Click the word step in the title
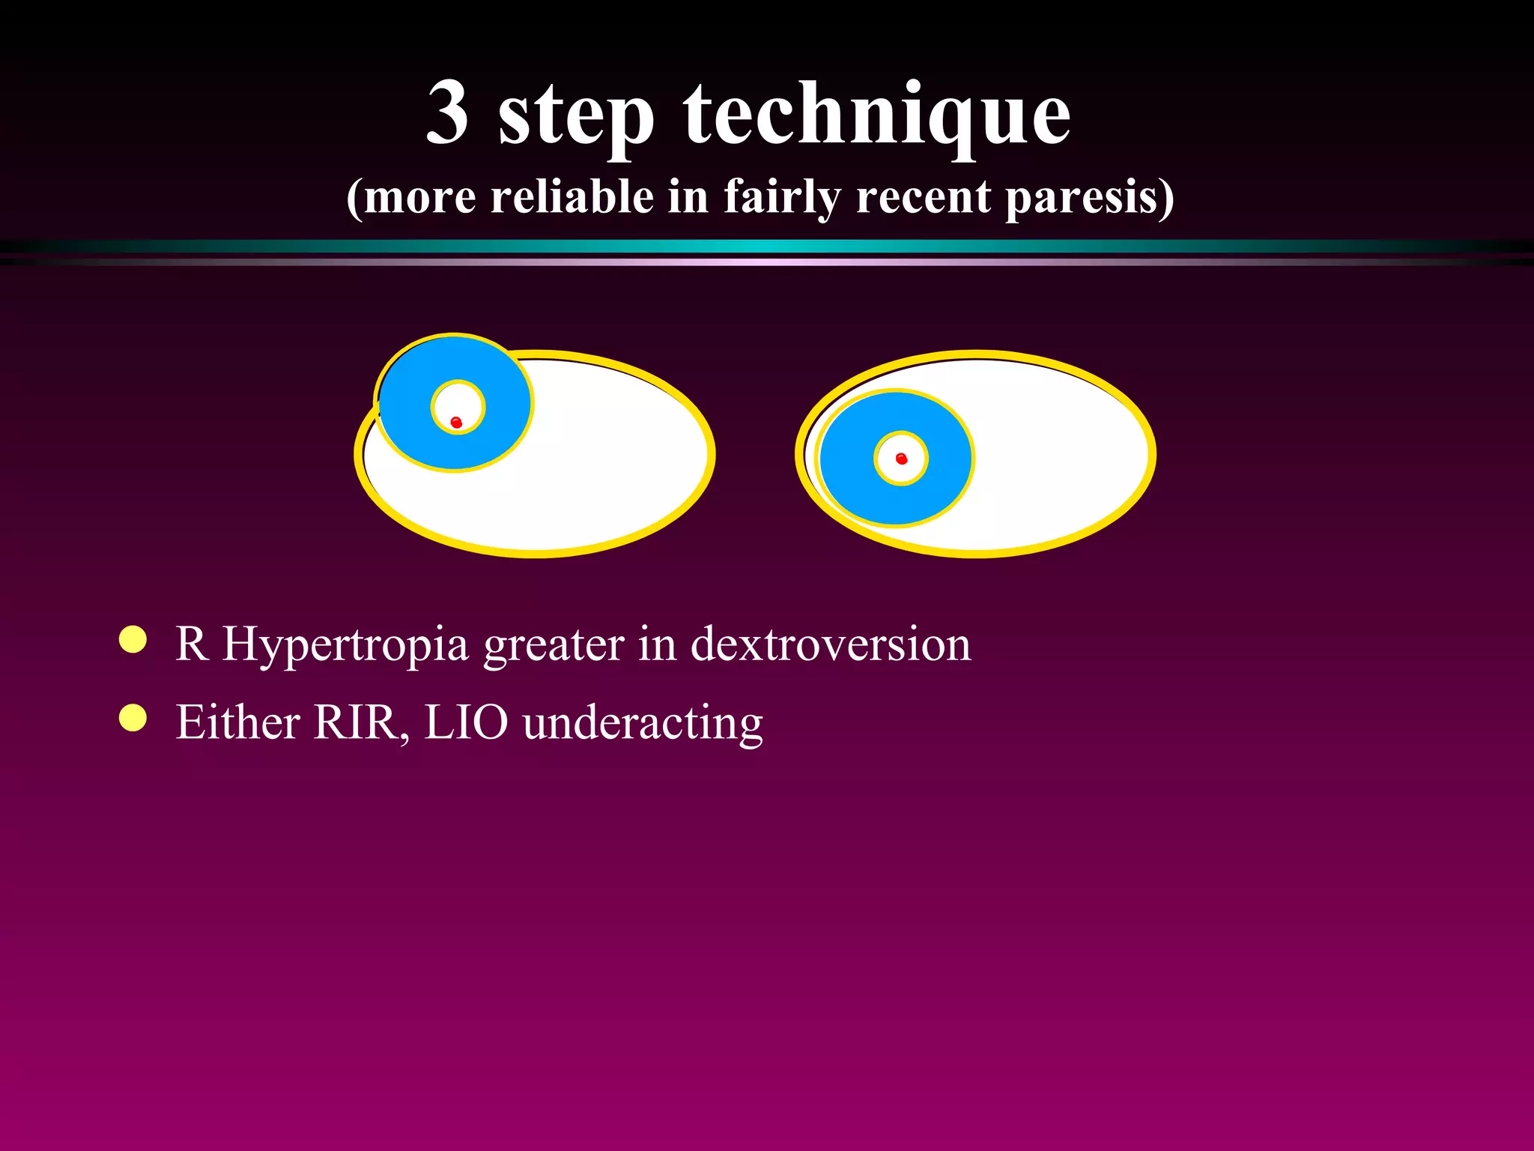click(x=576, y=116)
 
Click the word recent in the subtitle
click(x=924, y=198)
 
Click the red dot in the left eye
click(x=456, y=423)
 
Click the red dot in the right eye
click(x=901, y=459)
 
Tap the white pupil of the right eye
click(x=910, y=468)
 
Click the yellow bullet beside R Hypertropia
click(x=133, y=640)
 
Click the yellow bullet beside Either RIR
click(x=133, y=717)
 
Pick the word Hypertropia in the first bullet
click(x=345, y=645)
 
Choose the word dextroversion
click(x=830, y=644)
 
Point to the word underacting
click(x=643, y=724)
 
